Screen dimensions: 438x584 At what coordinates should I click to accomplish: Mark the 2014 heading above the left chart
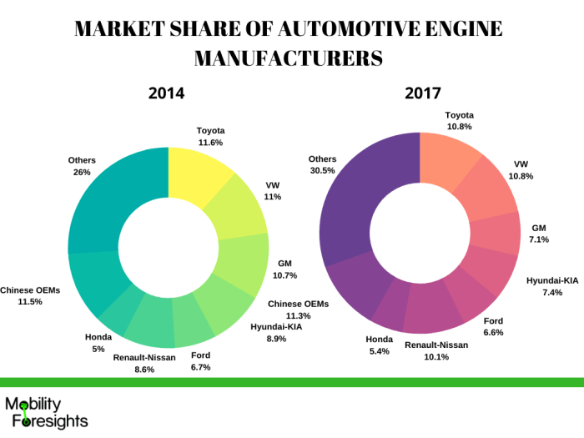[x=166, y=93]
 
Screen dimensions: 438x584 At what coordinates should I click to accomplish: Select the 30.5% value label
[x=322, y=171]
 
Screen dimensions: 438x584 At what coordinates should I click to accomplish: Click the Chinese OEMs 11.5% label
[x=30, y=295]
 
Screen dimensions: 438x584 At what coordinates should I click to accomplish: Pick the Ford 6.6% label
[x=494, y=327]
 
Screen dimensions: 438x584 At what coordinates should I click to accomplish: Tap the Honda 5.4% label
[x=378, y=345]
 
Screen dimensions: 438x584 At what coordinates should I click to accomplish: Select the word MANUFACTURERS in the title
[x=289, y=58]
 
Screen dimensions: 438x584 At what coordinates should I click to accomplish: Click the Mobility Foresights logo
[x=46, y=410]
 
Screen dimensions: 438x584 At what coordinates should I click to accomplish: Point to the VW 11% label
[x=273, y=190]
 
